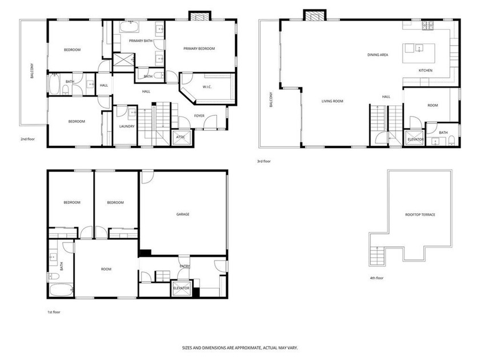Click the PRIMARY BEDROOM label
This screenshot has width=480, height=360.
coord(199,49)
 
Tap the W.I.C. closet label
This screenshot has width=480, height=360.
coord(207,87)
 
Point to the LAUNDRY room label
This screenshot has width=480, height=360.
coord(126,126)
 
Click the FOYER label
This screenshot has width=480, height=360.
coord(199,116)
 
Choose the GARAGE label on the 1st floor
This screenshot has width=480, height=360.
coord(182,214)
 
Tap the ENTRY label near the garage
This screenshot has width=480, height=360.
coord(185,266)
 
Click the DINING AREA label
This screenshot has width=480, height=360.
coord(378,55)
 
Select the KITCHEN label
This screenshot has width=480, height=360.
coord(425,71)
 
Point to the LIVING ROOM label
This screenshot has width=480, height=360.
coord(332,101)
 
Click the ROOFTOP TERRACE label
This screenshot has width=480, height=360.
coord(420,215)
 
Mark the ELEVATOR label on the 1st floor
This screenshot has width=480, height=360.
coord(181,289)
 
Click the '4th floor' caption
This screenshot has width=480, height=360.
coord(377,278)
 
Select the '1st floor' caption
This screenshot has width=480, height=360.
coord(54,312)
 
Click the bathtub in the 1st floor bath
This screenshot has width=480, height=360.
coord(59,290)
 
